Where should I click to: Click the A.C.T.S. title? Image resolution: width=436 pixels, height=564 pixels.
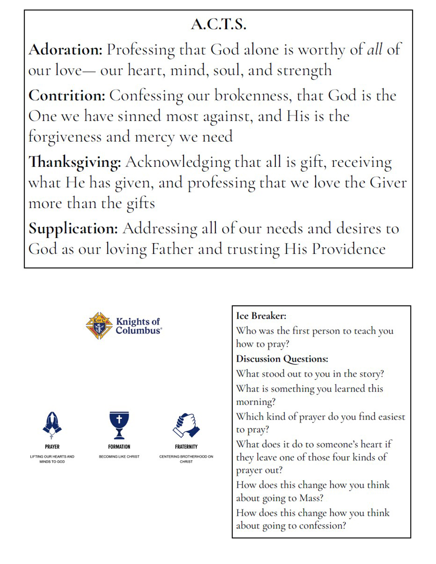click(218, 25)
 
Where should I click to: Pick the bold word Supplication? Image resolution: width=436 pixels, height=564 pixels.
click(73, 229)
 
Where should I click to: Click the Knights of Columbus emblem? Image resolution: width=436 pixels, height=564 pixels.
click(99, 325)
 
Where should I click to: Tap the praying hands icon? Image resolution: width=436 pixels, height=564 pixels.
click(52, 425)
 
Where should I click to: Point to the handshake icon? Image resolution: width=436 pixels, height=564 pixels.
click(186, 425)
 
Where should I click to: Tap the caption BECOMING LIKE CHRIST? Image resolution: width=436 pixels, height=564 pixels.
click(119, 456)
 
